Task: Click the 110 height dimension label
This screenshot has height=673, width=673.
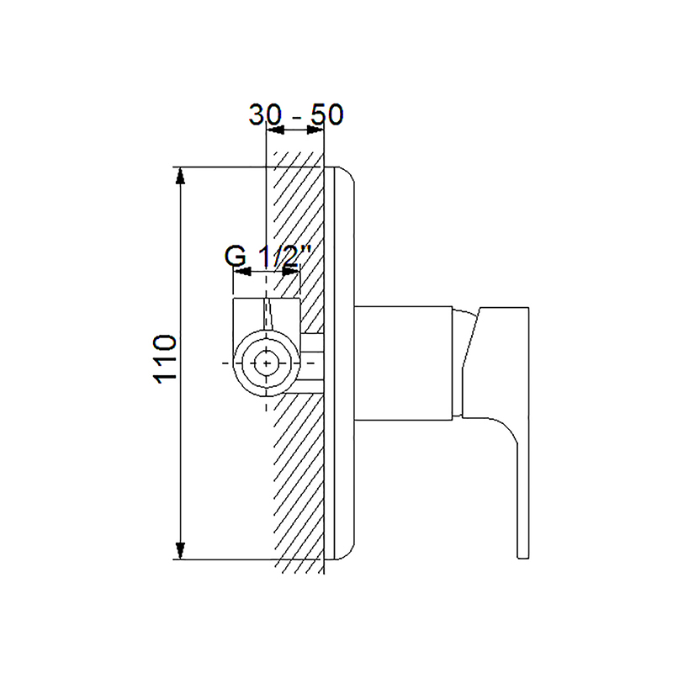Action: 165,359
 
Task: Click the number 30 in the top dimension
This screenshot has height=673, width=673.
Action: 265,114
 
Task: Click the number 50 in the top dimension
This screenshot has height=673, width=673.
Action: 327,114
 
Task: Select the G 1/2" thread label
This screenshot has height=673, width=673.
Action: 268,257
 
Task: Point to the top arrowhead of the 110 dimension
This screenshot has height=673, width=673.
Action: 180,176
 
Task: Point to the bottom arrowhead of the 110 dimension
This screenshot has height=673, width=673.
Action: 180,551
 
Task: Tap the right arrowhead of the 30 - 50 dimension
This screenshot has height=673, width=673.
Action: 315,130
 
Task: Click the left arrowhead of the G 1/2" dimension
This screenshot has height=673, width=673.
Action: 242,272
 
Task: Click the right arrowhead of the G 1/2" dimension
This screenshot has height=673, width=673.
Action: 291,272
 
